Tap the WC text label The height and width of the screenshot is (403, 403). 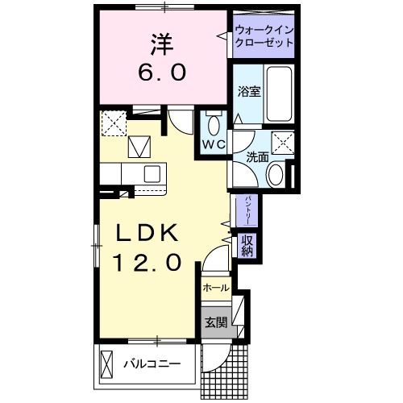coord(214,145)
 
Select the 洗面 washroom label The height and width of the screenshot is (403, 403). coord(258,158)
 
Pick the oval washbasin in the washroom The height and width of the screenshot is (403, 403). coord(276,174)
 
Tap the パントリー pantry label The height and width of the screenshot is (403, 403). coord(241,211)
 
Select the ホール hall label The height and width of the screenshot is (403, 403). coord(216,288)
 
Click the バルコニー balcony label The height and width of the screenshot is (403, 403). coord(151,364)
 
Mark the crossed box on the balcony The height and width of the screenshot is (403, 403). coord(108,363)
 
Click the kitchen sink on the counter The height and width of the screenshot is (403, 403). coord(152,173)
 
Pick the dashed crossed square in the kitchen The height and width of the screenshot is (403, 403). coord(113,123)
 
